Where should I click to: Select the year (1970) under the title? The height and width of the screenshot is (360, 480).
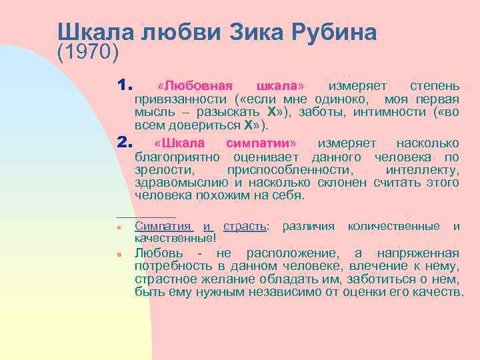click(87, 51)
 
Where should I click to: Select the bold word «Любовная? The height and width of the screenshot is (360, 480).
click(194, 87)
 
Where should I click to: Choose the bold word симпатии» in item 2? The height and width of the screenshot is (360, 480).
click(261, 144)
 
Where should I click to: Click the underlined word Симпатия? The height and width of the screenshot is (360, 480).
click(163, 226)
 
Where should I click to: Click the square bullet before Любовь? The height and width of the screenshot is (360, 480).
click(117, 255)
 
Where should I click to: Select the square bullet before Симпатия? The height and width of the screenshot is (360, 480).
click(117, 227)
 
